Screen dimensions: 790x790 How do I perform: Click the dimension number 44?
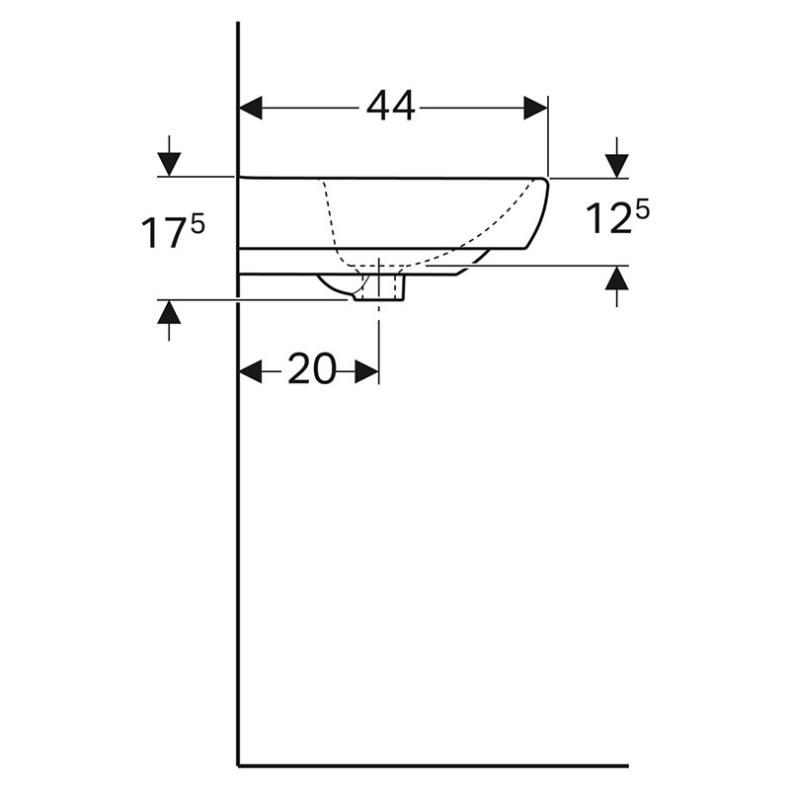(x=390, y=107)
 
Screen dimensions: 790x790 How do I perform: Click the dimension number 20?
(x=311, y=369)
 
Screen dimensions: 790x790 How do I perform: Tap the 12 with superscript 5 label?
(x=617, y=217)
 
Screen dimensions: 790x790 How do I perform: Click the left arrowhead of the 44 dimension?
(x=251, y=108)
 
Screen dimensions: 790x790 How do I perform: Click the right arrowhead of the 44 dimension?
(x=535, y=108)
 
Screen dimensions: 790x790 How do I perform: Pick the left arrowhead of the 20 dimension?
(x=251, y=371)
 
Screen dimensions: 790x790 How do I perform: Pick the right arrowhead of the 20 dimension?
(x=366, y=371)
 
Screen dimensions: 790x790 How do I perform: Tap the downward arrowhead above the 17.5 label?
(x=169, y=164)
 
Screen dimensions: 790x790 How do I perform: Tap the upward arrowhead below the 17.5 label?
(x=169, y=312)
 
